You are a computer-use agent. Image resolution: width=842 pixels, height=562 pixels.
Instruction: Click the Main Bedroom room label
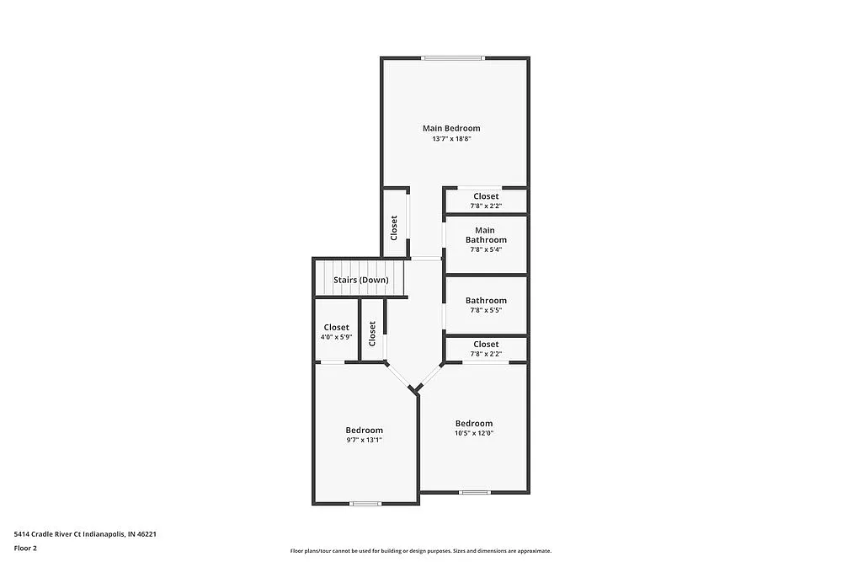click(451, 128)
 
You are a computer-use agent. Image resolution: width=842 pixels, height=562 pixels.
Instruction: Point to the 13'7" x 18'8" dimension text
click(451, 138)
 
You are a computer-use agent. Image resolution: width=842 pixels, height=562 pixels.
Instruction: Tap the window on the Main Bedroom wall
click(454, 58)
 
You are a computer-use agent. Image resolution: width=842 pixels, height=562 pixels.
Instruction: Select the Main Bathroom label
click(486, 235)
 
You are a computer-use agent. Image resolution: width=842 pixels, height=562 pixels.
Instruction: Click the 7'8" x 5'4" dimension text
click(486, 249)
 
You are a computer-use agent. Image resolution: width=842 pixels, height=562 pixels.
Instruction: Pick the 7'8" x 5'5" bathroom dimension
click(486, 310)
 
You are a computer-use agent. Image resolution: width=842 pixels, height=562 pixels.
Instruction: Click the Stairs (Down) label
click(360, 280)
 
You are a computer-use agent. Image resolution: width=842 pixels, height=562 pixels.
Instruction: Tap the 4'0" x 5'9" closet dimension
click(336, 337)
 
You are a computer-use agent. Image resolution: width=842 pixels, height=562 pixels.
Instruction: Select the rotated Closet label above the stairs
click(393, 227)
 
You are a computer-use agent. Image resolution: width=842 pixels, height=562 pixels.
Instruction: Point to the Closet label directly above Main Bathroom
click(486, 196)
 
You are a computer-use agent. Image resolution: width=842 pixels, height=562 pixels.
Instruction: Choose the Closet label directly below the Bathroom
click(486, 344)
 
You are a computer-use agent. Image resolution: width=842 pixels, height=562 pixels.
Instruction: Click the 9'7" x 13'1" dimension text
click(364, 440)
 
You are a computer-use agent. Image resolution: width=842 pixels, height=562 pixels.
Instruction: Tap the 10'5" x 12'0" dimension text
click(474, 433)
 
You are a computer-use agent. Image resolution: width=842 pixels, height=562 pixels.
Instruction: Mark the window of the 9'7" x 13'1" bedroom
click(365, 504)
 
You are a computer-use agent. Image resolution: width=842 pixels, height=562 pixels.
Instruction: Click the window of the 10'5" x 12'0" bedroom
click(475, 492)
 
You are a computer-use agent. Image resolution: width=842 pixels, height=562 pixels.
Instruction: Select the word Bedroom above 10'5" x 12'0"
click(474, 423)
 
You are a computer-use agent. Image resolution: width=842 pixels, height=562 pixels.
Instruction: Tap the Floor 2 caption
click(25, 548)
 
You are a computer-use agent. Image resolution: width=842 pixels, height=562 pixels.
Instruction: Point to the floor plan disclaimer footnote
click(421, 550)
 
